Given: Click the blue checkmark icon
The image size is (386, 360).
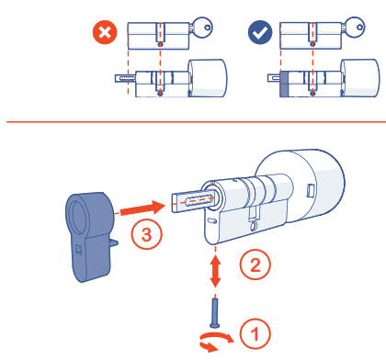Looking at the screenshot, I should (261, 33).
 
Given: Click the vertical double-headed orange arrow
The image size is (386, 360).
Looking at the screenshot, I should (216, 268).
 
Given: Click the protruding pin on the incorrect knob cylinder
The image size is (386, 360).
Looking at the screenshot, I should (123, 79).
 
